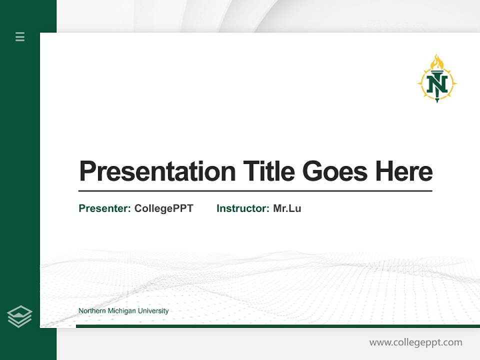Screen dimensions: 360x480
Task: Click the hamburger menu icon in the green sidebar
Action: coord(20,36)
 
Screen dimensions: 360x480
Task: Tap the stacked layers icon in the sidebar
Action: coord(19,316)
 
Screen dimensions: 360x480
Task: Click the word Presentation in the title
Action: coord(157,171)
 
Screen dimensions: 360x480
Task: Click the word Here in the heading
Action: coord(403,171)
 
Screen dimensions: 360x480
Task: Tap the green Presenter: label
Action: coord(104,208)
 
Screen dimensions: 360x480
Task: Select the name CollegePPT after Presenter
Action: coord(163,208)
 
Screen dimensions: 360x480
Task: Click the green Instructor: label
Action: coord(242,208)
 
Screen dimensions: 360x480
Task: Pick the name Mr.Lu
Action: coord(287,208)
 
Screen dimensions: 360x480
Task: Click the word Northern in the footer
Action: coord(91,311)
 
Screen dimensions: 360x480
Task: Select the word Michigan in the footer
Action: coord(121,311)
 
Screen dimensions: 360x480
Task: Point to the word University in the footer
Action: coord(153,311)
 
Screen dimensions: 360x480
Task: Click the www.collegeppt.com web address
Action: coord(415,342)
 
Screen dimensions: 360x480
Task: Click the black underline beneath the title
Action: coord(255,190)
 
